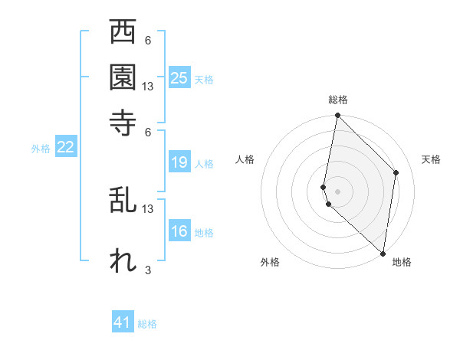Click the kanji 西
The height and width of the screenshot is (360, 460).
123,33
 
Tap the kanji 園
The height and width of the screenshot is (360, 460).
123,77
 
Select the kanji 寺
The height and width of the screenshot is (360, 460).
123,120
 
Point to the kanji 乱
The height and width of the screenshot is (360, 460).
123,200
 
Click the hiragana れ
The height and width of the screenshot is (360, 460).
123,260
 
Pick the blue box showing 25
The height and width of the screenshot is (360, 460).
179,77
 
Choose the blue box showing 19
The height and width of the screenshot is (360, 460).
179,162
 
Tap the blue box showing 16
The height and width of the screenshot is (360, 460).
179,231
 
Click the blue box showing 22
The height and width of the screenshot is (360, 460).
65,148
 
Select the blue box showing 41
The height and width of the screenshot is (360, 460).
123,322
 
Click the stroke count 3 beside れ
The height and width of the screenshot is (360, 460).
148,270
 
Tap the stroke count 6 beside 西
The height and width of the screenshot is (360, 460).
148,41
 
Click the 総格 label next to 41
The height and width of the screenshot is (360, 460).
147,324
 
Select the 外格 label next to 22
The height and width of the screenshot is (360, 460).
40,149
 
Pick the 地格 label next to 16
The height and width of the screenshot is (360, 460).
204,233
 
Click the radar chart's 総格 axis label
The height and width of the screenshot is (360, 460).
338,100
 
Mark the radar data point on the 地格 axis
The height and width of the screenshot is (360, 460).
383,254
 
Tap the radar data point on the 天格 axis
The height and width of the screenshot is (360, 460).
396,172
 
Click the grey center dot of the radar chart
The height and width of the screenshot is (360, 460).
338,190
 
